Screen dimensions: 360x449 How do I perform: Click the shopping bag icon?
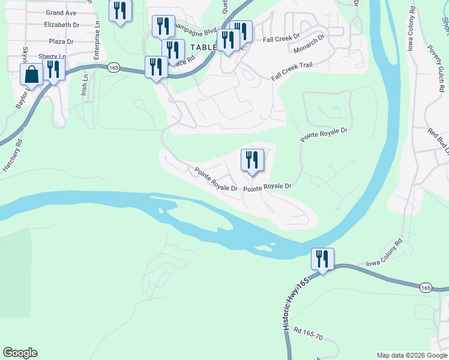click(31, 75)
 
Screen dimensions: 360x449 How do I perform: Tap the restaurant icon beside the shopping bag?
click(54, 70)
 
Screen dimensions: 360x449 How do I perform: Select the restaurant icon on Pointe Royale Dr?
click(252, 160)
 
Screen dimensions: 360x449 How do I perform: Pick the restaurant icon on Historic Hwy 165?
click(322, 259)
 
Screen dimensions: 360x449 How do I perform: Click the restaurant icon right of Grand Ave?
click(120, 11)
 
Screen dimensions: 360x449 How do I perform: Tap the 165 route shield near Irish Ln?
click(114, 68)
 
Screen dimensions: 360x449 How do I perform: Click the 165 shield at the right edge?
click(426, 288)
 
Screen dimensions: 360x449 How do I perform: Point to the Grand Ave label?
click(61, 13)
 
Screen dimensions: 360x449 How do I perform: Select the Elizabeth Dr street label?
click(61, 25)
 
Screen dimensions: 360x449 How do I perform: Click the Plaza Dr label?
click(61, 42)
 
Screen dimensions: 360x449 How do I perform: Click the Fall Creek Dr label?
click(281, 39)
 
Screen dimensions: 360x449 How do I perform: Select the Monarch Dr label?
click(309, 45)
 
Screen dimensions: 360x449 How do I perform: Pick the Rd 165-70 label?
click(308, 334)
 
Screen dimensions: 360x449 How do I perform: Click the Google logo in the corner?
click(20, 353)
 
